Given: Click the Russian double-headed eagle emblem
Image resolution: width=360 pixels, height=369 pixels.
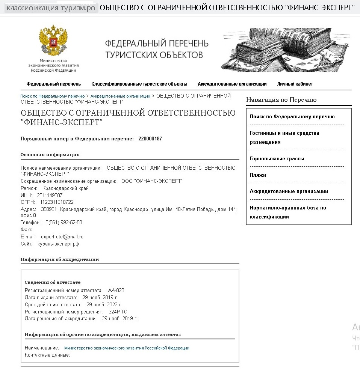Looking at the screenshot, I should click(x=53, y=41).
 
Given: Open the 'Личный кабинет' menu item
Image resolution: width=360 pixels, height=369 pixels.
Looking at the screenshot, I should click(x=295, y=84).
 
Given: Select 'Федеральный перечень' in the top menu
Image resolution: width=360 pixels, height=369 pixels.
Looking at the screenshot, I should click(x=54, y=84).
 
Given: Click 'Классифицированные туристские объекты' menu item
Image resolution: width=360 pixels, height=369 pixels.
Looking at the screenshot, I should click(x=139, y=84).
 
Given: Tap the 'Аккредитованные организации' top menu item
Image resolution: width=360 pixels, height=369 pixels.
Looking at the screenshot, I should click(x=232, y=84).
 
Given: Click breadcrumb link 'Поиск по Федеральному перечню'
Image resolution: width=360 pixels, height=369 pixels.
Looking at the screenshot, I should click(x=53, y=96).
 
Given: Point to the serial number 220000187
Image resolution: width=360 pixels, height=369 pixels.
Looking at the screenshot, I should click(x=150, y=139).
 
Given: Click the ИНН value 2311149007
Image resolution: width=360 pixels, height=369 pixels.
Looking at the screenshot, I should click(x=50, y=196).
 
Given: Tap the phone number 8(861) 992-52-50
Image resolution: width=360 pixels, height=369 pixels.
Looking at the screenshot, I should click(x=64, y=223).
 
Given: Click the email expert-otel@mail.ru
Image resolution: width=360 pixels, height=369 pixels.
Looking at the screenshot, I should click(x=62, y=237).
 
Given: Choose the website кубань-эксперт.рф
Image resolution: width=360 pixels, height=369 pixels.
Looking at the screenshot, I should click(x=58, y=244).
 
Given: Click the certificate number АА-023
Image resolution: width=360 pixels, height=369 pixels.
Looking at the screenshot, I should click(x=116, y=291).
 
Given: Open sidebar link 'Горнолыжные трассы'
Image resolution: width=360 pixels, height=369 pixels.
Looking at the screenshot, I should click(x=277, y=159).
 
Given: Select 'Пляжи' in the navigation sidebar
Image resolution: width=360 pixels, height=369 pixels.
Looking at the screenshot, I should click(x=258, y=175).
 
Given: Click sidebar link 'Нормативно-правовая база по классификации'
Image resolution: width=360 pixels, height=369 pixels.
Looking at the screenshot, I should click(x=288, y=212).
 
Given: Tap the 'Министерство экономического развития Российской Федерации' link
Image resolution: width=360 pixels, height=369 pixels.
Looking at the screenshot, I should click(x=127, y=348).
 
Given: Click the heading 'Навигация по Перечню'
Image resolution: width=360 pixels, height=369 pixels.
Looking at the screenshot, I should click(x=281, y=100).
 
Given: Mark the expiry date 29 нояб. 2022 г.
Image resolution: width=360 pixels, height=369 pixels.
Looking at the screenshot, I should click(x=104, y=305).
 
